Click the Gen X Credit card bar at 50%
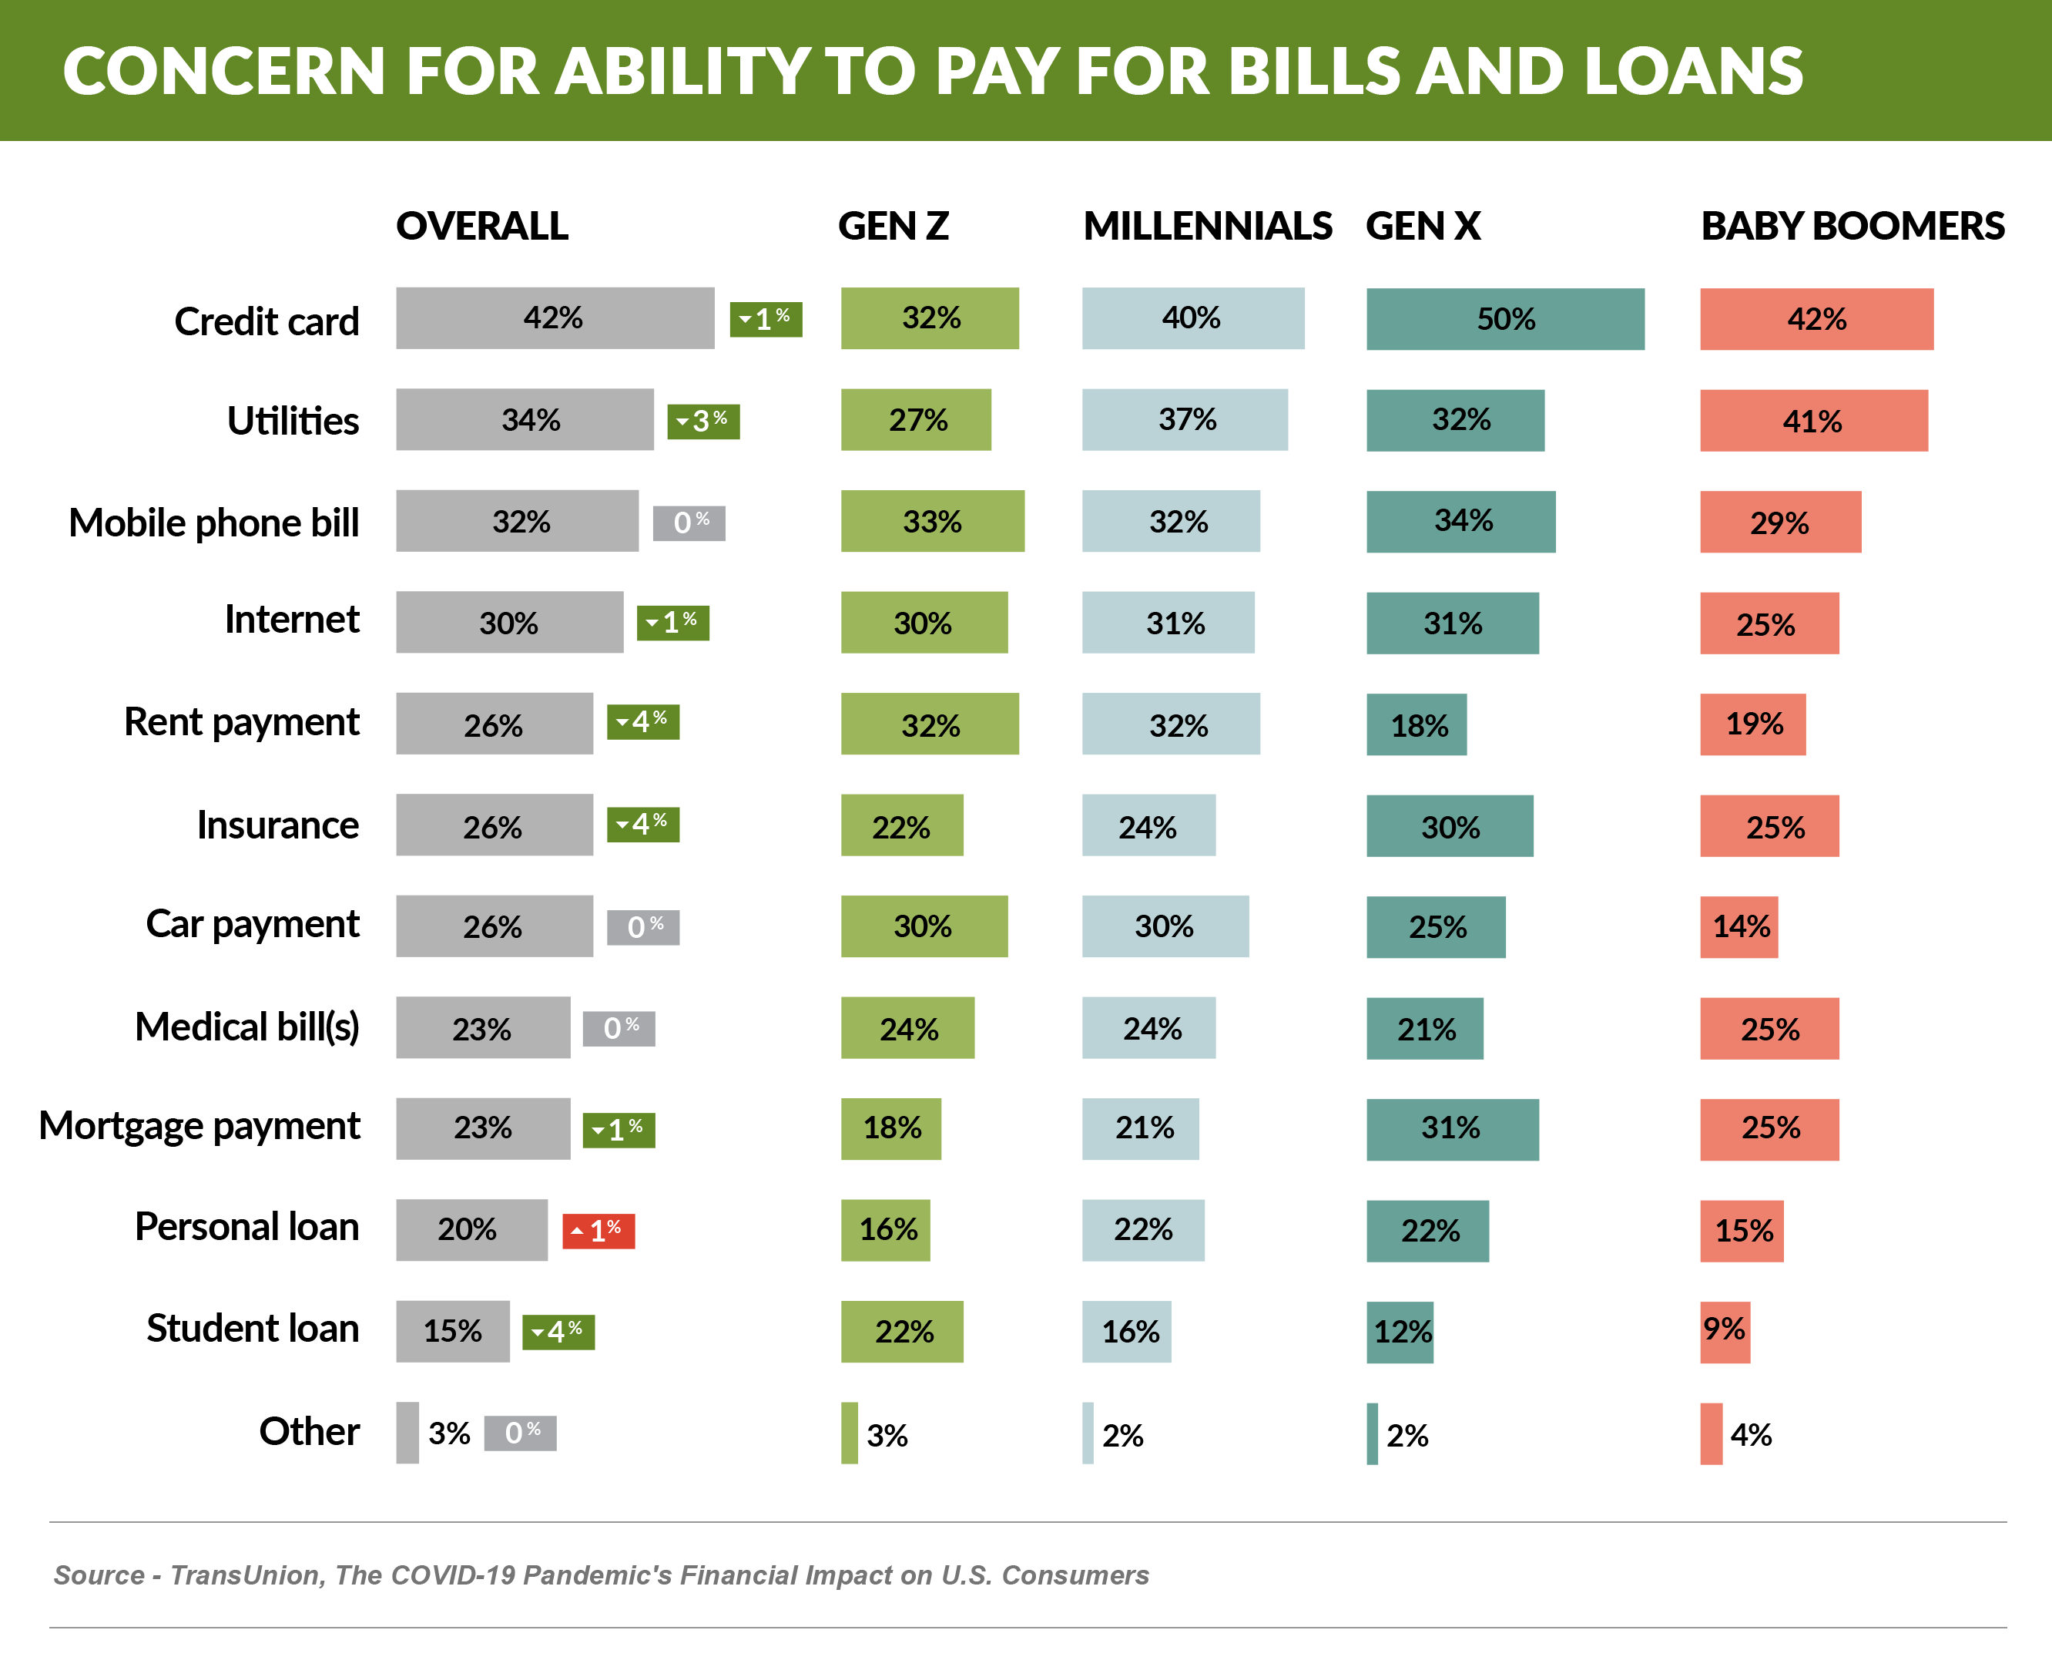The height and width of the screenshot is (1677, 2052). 1504,319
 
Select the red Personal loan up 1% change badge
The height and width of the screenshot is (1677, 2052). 598,1231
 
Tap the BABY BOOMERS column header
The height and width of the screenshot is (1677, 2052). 1852,226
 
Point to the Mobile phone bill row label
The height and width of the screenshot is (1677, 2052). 213,523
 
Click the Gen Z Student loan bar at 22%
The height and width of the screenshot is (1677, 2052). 902,1331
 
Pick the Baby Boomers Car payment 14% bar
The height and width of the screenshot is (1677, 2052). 1738,926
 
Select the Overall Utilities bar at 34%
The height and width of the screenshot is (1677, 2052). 525,419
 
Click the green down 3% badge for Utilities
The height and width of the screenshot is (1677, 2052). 703,422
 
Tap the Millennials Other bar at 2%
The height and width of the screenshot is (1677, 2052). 1088,1433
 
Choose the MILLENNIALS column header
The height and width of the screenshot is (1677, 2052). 1207,226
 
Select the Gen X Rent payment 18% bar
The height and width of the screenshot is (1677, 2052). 1416,724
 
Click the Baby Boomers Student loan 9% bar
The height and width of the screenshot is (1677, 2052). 1725,1331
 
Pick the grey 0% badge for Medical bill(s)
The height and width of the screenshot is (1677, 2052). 619,1028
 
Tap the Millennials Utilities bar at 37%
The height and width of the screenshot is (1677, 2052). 1185,419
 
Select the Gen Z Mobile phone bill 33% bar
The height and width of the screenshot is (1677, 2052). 932,521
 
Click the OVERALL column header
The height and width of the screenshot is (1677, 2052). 482,226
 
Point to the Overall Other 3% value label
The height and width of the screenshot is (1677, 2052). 449,1433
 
